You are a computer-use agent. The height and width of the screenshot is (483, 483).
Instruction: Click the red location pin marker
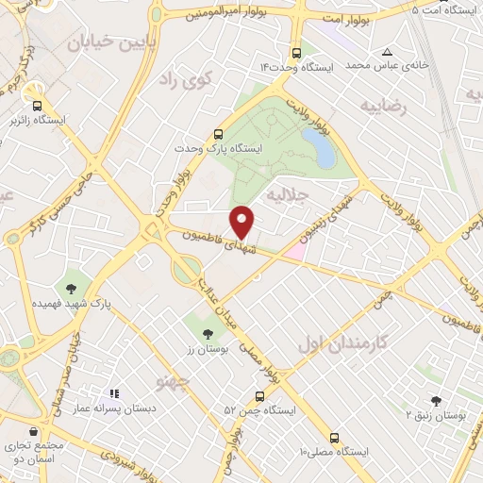click(x=243, y=222)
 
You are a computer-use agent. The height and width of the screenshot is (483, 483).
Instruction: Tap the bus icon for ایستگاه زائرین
click(x=37, y=107)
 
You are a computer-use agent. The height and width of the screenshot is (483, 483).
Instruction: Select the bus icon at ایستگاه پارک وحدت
click(x=219, y=134)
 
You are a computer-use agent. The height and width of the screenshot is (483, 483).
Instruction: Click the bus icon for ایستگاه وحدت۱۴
click(x=296, y=53)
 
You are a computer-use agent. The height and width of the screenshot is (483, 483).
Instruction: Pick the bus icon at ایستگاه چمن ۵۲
click(x=260, y=396)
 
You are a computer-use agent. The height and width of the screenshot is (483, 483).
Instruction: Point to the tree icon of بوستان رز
click(x=208, y=334)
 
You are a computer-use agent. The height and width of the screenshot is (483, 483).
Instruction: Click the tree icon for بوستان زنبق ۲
click(x=436, y=400)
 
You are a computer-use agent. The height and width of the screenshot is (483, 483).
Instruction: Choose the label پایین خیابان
click(x=103, y=42)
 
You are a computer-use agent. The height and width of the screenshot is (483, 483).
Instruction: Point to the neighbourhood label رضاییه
click(x=385, y=107)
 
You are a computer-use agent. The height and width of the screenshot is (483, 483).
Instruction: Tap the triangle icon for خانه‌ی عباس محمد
click(x=388, y=52)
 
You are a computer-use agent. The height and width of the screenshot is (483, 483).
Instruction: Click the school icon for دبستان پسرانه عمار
click(x=114, y=393)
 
